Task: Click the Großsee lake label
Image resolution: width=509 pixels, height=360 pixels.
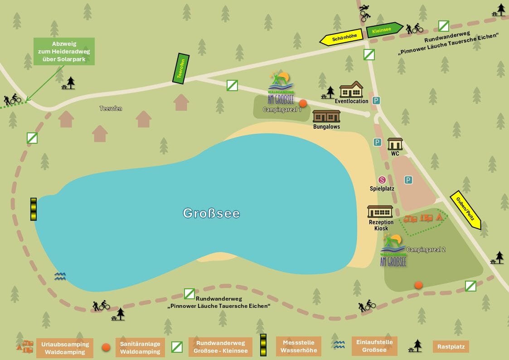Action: [211, 213]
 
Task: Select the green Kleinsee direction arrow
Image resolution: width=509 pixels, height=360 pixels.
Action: [383, 29]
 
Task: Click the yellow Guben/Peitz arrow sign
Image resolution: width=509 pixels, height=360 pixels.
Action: [465, 210]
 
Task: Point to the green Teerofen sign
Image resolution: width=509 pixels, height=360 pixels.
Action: [181, 68]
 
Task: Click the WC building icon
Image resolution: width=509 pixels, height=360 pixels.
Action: [395, 144]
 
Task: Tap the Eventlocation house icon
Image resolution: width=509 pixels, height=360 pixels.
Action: [351, 90]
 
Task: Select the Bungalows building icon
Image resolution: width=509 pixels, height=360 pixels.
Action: [326, 116]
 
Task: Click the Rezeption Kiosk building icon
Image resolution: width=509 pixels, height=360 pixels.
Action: [380, 212]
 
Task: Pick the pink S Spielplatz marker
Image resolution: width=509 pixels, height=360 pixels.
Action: [382, 180]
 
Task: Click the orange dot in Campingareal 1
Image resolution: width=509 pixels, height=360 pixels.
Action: [303, 103]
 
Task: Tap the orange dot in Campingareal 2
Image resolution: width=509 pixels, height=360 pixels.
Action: [418, 285]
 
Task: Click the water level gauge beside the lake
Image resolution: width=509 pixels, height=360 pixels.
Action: [34, 209]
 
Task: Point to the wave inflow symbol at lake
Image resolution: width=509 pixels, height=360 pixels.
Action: [60, 276]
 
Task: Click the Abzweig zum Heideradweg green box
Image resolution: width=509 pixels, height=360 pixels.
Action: [64, 51]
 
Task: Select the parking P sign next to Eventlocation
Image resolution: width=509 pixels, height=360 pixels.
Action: [376, 101]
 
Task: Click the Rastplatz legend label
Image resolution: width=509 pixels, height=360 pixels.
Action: [451, 347]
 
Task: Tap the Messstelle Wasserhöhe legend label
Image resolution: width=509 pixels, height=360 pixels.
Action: [298, 347]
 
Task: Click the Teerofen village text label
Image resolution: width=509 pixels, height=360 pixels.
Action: [111, 109]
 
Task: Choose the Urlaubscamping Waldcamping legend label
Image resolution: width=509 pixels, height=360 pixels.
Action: [65, 348]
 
